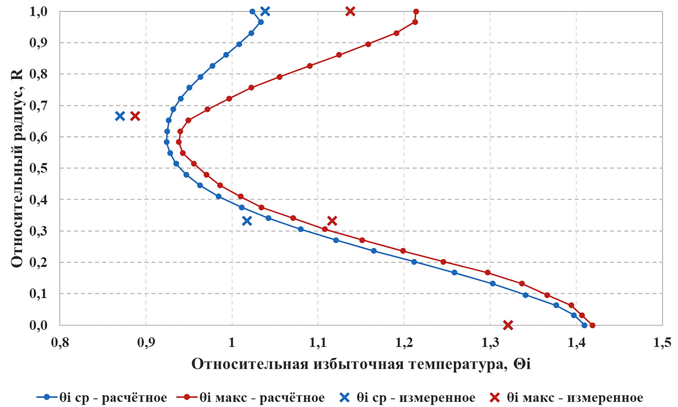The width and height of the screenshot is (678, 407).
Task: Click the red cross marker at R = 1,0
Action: tap(350, 11)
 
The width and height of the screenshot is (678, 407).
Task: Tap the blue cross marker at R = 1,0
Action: tap(265, 11)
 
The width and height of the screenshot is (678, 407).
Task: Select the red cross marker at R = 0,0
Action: tap(508, 325)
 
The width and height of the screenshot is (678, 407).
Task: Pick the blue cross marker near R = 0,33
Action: tap(247, 221)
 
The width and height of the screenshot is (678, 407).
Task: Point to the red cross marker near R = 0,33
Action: tap(332, 221)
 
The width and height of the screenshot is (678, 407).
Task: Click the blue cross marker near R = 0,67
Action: tap(120, 116)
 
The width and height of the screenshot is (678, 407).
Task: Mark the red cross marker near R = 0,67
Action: tap(135, 116)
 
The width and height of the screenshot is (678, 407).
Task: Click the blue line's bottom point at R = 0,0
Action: tap(584, 325)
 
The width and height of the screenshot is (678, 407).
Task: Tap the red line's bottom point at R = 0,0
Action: tap(592, 325)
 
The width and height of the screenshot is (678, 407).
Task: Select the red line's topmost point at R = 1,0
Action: tap(416, 11)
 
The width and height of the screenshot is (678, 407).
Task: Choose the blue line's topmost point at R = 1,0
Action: tap(252, 11)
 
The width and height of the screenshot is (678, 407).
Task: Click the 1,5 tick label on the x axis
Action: tap(662, 343)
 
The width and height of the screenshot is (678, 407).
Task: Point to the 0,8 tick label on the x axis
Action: tap(60, 343)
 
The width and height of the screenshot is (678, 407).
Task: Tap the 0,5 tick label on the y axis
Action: tap(38, 168)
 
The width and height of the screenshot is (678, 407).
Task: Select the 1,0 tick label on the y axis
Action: tap(38, 11)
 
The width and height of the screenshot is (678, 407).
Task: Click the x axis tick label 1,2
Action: tap(404, 343)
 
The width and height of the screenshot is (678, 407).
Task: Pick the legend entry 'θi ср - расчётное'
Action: tap(102, 397)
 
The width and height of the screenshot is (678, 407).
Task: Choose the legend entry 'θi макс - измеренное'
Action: tap(565, 397)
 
